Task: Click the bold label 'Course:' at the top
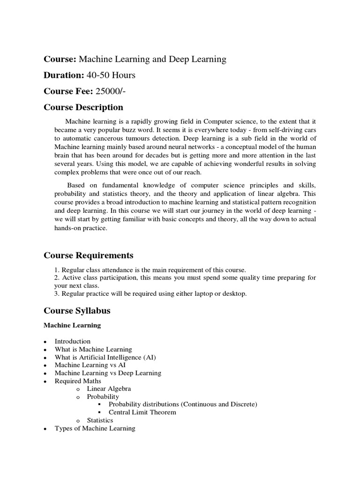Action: click(60, 59)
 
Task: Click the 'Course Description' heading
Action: click(83, 107)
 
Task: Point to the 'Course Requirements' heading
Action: click(88, 255)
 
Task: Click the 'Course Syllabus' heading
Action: click(77, 311)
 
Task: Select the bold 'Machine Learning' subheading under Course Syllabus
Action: click(72, 325)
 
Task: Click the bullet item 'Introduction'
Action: click(72, 341)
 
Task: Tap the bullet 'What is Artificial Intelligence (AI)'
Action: click(105, 357)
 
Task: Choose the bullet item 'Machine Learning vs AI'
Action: click(90, 365)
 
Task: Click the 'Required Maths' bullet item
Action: click(78, 381)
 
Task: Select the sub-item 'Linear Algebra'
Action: click(109, 389)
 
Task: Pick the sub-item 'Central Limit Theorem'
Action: click(142, 412)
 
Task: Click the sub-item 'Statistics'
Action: click(100, 420)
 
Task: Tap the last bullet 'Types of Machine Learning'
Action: click(95, 428)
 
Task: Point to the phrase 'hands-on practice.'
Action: click(81, 228)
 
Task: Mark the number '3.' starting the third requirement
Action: click(57, 293)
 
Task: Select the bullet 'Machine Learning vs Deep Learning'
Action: click(108, 373)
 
